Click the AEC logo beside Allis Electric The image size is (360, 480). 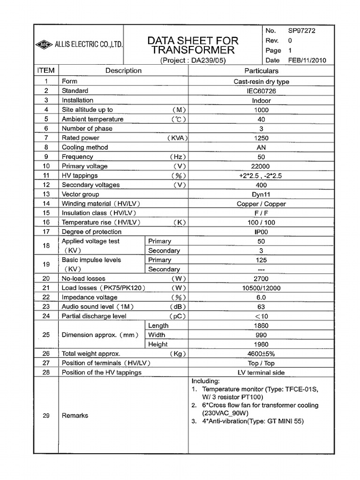(x=44, y=45)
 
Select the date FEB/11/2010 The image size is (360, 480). (x=307, y=60)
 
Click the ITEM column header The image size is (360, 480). (x=46, y=71)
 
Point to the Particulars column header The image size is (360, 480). (x=262, y=71)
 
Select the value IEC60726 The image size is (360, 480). (x=261, y=91)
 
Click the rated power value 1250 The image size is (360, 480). (x=261, y=138)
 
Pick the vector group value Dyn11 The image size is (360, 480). (x=261, y=195)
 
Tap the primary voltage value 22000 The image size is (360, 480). (x=261, y=166)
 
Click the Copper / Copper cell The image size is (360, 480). (x=261, y=204)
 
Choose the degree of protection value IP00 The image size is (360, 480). (x=261, y=232)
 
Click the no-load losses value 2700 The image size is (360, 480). (x=261, y=279)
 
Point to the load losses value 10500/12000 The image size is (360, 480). (x=261, y=288)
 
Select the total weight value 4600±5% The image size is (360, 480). (x=261, y=354)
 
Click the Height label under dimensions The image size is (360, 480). (x=158, y=345)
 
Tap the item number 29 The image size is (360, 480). (x=46, y=416)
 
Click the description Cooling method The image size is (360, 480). (x=85, y=148)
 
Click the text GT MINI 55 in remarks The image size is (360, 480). (x=284, y=421)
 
